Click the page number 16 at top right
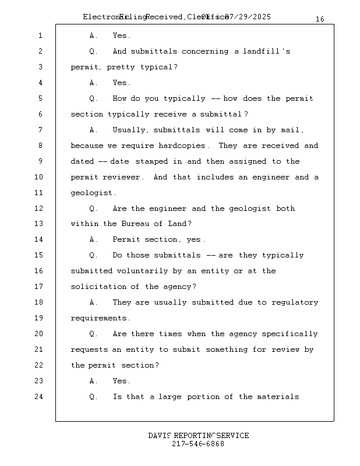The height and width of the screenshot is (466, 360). click(x=320, y=19)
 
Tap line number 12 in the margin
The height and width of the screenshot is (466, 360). click(x=39, y=209)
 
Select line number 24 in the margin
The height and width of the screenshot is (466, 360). click(x=39, y=397)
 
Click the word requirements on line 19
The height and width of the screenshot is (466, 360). click(x=98, y=319)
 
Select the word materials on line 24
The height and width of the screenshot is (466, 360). click(x=278, y=397)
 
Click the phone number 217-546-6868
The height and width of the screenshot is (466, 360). click(x=198, y=444)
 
